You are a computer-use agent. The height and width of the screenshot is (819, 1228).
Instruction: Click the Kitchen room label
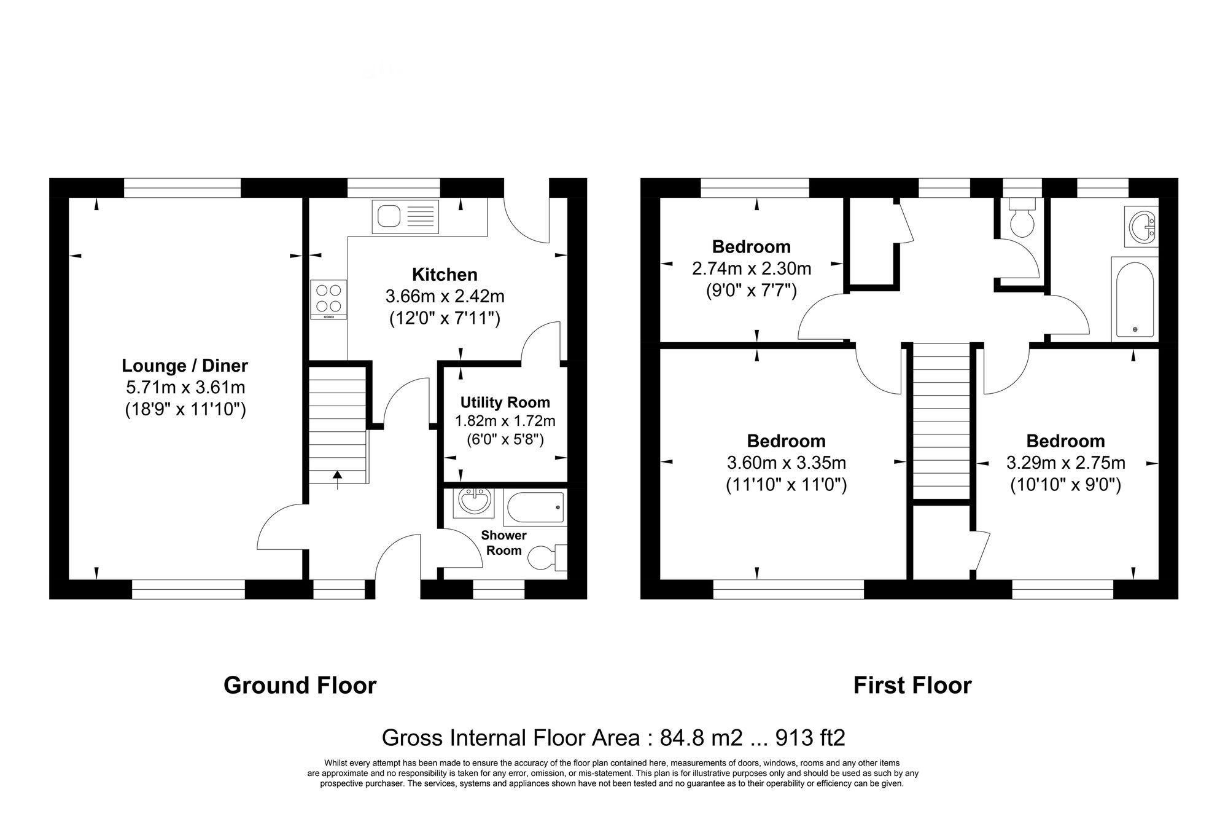point(445,274)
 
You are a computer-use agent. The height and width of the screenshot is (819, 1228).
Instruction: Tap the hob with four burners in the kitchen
point(328,299)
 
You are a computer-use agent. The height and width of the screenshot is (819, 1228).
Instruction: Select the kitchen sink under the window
point(405,217)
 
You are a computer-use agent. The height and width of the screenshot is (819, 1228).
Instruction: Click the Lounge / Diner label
point(185,366)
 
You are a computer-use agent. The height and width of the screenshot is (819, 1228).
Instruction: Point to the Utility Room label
point(505,402)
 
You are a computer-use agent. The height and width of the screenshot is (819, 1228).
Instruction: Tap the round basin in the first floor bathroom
point(1141,226)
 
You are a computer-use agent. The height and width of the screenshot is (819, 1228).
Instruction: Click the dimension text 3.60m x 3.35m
point(787,463)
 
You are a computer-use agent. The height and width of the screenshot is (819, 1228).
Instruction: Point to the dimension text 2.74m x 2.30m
point(752,268)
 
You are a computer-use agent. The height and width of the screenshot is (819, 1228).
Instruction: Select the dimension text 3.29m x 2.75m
point(1065,463)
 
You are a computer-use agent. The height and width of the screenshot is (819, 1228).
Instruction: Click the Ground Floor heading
point(300,685)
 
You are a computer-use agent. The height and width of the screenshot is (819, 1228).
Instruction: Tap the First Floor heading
point(912,685)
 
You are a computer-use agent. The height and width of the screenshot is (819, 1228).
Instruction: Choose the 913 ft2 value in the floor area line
point(810,737)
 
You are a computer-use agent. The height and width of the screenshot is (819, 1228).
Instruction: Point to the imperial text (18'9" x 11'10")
point(185,409)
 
